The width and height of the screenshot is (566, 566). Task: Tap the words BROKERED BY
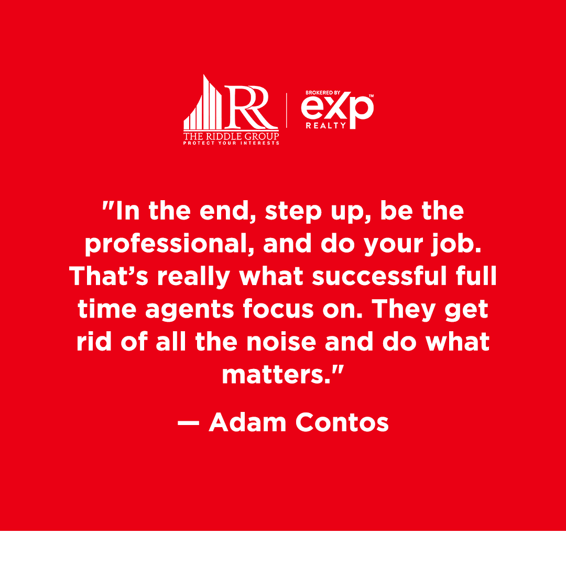click(323, 93)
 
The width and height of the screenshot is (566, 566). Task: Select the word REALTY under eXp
click(325, 126)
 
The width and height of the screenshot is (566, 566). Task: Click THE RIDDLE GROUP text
click(231, 136)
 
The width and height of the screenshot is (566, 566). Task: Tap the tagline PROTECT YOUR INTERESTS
click(231, 143)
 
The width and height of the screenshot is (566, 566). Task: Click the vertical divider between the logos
click(287, 111)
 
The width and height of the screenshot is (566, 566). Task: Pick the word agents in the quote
click(190, 310)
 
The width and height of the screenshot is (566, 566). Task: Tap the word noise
click(281, 342)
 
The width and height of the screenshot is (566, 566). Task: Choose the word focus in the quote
click(278, 309)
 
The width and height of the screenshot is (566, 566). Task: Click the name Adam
click(247, 422)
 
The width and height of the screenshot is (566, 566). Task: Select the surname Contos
click(342, 422)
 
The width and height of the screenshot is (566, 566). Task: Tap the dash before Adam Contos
click(189, 423)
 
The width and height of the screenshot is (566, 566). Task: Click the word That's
click(108, 276)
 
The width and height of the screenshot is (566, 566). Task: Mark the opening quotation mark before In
click(108, 205)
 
